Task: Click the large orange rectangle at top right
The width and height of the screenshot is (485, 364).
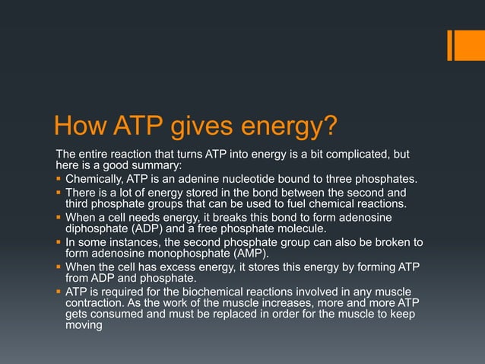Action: (465, 45)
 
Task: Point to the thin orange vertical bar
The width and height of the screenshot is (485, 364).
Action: (450, 45)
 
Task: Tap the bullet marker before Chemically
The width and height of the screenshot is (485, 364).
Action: (59, 180)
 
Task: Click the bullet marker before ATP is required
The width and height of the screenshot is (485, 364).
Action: (59, 292)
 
